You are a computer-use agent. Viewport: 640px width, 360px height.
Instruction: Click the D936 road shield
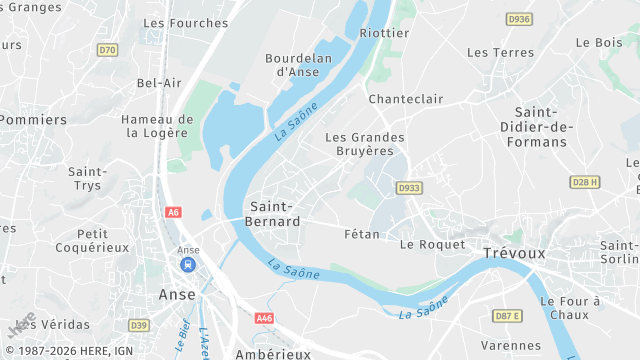coord(518,19)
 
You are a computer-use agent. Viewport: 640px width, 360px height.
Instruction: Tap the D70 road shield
coord(107,50)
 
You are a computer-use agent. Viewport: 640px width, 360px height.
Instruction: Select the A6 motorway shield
coord(174,212)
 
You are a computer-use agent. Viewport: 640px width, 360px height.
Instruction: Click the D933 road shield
coord(408,187)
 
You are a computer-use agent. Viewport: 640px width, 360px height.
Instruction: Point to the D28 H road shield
coord(585,182)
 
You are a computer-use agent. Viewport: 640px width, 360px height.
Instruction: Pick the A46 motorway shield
coord(264,318)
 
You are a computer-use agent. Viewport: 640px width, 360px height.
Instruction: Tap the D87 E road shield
coord(507,316)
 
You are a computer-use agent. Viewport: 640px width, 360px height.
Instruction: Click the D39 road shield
coord(139,325)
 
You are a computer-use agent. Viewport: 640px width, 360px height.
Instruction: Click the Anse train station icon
coord(187,265)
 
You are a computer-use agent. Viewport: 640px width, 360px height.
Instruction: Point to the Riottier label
coord(385,33)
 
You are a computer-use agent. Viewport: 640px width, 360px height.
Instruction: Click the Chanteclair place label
coord(405,99)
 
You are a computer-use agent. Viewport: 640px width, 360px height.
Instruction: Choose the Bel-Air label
coord(159,83)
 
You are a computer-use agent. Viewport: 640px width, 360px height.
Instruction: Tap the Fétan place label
coord(361,233)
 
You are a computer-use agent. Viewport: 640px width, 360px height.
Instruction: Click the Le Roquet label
coord(432,244)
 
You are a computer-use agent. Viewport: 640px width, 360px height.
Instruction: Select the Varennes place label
coord(511,346)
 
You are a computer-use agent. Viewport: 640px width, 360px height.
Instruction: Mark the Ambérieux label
coord(273,353)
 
